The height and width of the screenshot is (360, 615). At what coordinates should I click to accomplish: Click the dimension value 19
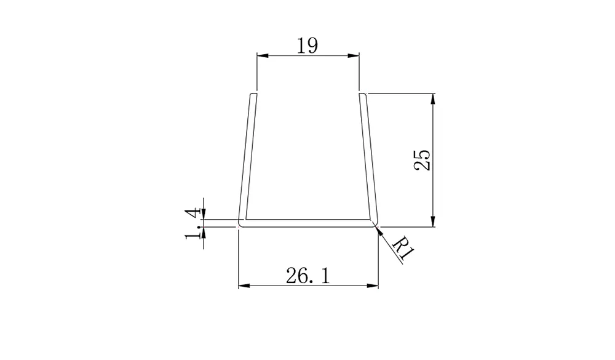point(307,46)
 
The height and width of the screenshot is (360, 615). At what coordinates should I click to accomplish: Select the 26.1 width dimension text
point(307,276)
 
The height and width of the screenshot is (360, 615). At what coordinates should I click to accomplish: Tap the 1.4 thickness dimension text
point(194,223)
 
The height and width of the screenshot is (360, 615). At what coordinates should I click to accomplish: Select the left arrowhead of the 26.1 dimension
point(244,286)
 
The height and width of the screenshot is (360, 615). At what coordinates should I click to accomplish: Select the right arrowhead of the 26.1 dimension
point(372,286)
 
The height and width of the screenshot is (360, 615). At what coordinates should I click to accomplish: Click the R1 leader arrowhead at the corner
point(378,230)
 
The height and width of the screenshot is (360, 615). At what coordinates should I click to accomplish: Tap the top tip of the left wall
point(252,95)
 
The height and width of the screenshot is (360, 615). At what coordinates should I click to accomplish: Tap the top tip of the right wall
point(363,95)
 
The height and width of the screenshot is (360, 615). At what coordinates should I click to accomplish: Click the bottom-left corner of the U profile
point(240,226)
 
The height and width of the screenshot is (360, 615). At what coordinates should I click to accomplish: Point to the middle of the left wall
point(247,159)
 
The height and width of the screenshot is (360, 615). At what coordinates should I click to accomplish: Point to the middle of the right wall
point(368,159)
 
